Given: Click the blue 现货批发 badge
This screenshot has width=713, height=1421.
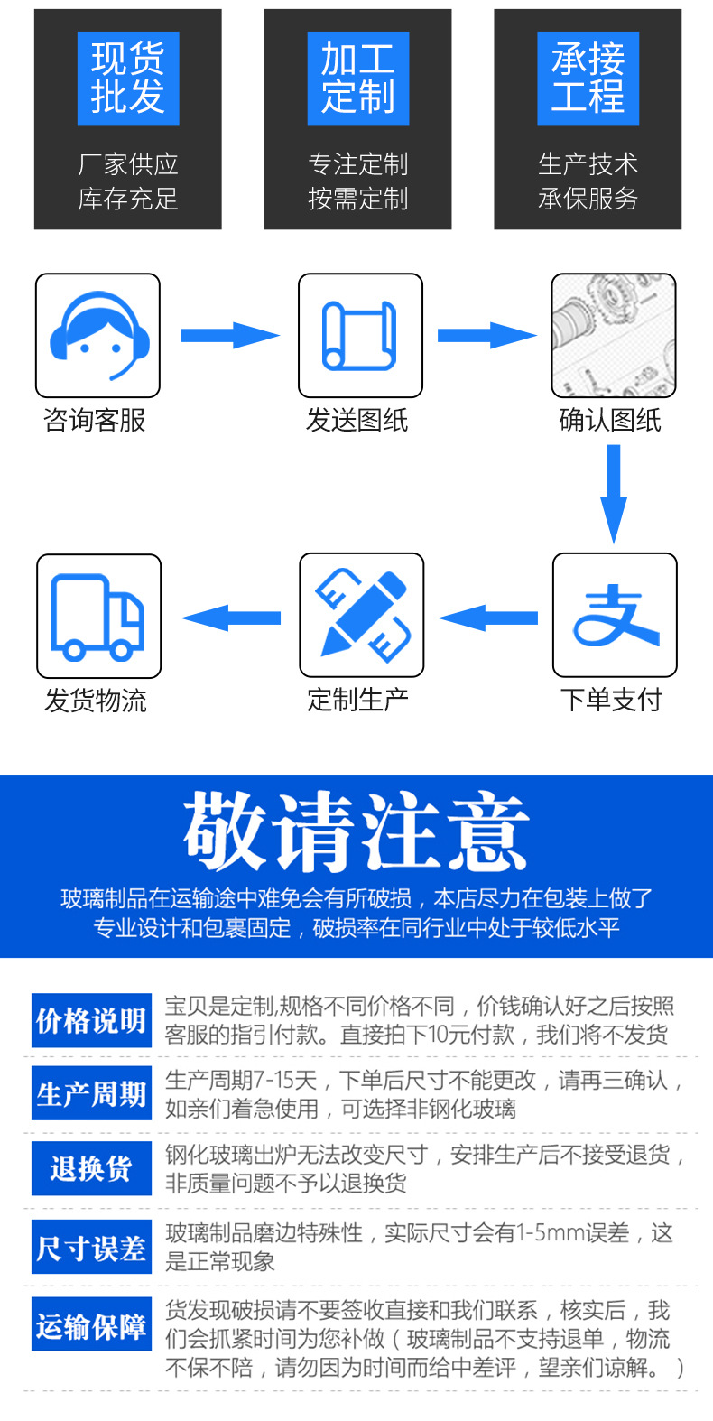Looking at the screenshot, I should pos(127,79).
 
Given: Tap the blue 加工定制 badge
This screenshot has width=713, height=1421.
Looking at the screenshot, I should pos(357,79).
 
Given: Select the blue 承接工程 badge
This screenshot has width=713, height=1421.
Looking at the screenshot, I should pos(588,79).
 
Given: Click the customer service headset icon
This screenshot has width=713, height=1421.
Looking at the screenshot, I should pos(97,336).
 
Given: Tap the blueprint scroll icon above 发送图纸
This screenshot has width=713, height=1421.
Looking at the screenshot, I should pos(360,336).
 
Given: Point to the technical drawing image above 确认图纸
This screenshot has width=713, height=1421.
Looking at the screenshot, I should pos(614,336).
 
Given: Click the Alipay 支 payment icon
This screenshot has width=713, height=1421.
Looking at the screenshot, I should pos(615,616).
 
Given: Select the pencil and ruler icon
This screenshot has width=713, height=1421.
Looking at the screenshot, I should pos(361,616).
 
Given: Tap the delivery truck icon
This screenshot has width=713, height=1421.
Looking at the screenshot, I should pos(98,617).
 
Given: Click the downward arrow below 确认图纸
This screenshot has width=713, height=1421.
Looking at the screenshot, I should pos(614,493).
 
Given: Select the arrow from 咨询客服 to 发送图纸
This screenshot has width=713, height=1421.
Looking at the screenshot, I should pos(229,336).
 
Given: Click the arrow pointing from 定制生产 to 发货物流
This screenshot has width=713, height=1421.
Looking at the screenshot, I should pos(231,618).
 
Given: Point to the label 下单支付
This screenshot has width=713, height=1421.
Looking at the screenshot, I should pos(611,700).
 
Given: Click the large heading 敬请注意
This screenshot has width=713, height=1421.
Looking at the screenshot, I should pos(356,832).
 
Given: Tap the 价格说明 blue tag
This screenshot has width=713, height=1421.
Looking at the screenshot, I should pos(91,1021).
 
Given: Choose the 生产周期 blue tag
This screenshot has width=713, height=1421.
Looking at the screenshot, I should pos(91,1094).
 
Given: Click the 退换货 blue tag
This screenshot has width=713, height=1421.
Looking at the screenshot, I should pos(91,1169).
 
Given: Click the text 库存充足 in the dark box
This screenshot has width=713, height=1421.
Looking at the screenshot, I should pos(127,199).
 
